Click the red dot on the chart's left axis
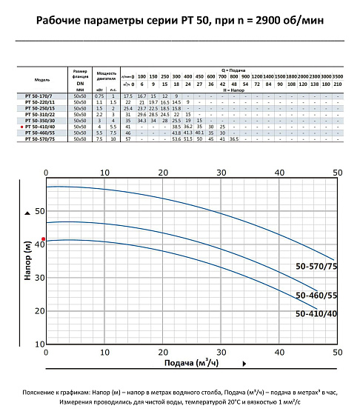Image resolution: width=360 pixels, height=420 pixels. (x=44, y=239)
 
